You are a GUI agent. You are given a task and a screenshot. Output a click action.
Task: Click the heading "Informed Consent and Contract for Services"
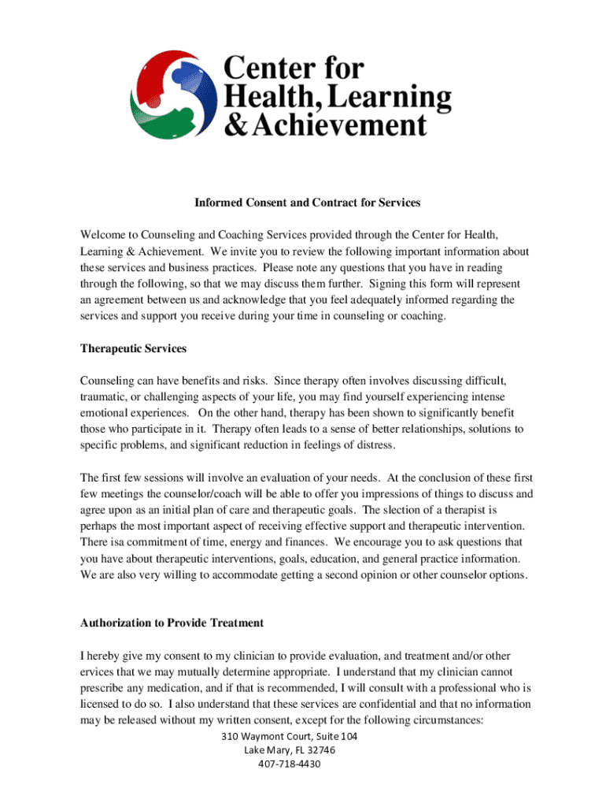308,203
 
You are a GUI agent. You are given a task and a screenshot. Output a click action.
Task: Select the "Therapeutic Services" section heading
133,348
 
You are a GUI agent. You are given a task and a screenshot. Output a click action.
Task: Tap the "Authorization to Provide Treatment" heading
172,623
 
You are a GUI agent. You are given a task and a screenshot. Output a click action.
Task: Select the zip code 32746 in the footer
320,749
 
